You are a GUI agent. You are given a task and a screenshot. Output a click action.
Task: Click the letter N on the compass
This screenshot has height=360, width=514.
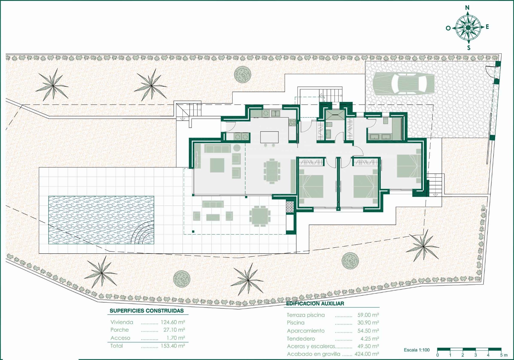tap(467, 7)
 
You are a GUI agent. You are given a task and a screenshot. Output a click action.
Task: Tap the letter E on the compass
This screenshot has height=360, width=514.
tap(487, 27)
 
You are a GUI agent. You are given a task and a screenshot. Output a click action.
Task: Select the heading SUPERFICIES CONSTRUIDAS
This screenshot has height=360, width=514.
tap(147, 310)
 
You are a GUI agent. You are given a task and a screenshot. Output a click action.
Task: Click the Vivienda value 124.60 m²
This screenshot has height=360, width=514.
tap(173, 322)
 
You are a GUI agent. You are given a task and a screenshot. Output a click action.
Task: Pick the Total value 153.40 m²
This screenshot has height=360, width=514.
tap(173, 346)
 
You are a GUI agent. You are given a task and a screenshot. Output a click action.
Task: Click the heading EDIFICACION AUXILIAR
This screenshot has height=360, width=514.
tap(315, 303)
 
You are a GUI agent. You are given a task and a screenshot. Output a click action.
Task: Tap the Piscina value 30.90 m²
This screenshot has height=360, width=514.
tap(368, 322)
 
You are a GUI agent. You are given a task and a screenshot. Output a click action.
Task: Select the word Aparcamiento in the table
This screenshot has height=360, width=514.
tap(305, 331)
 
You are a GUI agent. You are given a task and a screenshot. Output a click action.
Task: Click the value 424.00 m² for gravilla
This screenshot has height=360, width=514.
tap(367, 354)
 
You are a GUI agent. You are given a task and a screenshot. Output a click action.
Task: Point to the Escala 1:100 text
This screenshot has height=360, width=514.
tap(417, 350)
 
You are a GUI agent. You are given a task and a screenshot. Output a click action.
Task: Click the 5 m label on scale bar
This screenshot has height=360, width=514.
tap(504, 355)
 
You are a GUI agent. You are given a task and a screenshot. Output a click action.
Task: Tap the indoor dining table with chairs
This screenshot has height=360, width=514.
tap(272, 171)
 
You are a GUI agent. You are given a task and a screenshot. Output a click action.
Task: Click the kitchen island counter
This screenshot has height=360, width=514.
tap(269, 137)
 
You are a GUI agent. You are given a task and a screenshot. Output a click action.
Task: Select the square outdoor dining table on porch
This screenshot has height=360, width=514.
tap(260, 216)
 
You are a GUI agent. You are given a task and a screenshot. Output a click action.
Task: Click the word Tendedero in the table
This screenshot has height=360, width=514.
tap(301, 339)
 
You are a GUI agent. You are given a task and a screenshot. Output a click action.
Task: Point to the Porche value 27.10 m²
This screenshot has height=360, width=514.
tap(174, 330)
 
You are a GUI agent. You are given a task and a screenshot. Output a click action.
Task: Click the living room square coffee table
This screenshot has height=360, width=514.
tap(217, 165)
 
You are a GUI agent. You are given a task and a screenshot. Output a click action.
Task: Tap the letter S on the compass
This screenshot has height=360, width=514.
tap(468, 48)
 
